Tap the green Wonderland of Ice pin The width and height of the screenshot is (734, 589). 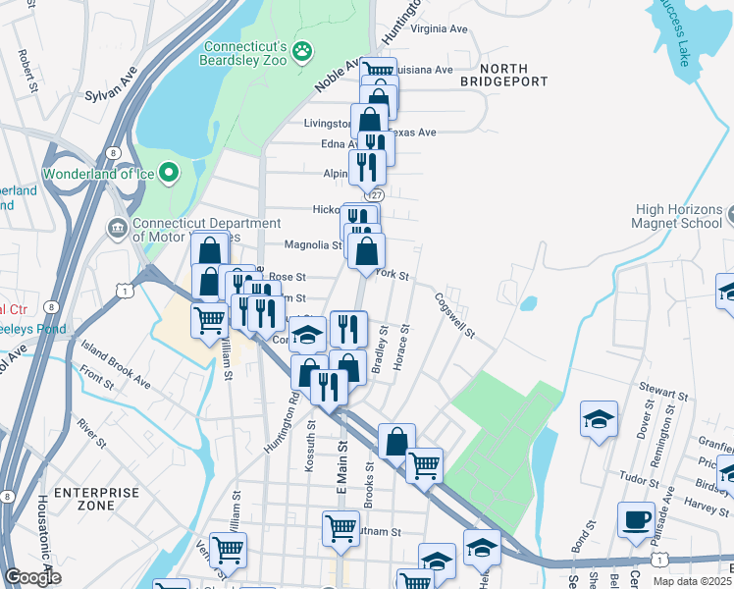coord(169,174)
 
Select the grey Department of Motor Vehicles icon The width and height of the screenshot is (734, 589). coord(117,228)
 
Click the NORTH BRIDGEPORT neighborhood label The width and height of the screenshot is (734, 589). coord(503,75)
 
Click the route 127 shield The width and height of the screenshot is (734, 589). coord(378,194)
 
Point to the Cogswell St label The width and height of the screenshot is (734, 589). coord(454,315)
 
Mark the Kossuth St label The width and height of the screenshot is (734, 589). coord(313,447)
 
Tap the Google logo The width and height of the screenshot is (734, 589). coord(32,577)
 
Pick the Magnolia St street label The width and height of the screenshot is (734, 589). coord(312,245)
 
